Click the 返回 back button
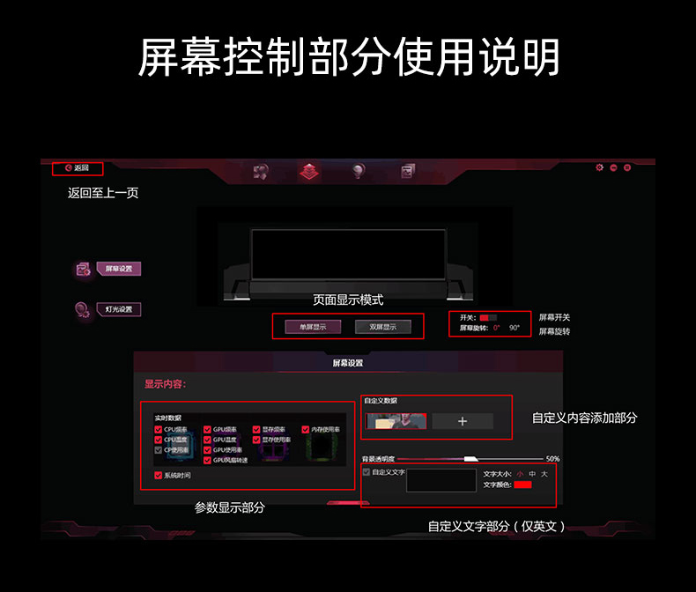coord(78,167)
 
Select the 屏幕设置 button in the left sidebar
coord(118,269)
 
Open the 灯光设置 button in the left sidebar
coord(118,309)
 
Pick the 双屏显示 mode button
coord(382,327)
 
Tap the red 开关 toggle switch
coord(487,317)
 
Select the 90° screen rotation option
coord(515,328)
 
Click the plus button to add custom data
coord(463,421)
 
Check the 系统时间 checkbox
coord(158,475)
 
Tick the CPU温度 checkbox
coord(158,439)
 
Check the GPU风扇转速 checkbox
coord(207,460)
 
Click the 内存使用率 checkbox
coord(306,429)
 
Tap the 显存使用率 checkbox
coord(256,439)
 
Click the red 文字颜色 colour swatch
coord(523,485)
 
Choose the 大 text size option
coord(544,474)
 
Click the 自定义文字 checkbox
coord(367,472)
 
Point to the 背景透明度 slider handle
coord(470,459)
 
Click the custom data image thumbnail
coord(396,421)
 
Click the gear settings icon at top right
coord(600,167)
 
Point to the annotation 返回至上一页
coord(103,192)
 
